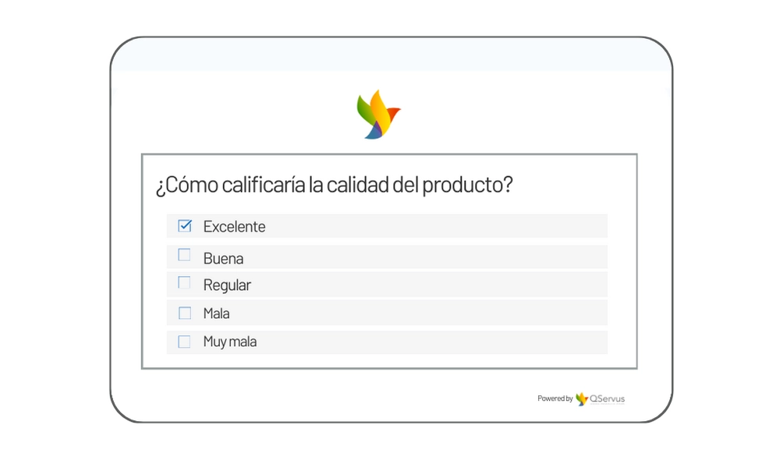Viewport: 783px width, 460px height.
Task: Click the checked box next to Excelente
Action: tap(185, 226)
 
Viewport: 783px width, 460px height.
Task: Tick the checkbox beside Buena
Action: tap(184, 255)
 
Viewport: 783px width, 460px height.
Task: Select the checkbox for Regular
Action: tap(184, 283)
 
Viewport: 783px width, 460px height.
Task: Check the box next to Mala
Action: tap(185, 313)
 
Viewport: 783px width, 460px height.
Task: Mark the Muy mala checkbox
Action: tap(184, 341)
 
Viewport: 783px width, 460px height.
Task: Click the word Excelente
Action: tap(234, 227)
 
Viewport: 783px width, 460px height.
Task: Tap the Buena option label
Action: tap(223, 259)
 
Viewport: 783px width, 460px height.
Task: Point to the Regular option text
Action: tap(227, 285)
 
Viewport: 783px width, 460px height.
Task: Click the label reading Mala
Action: tap(216, 313)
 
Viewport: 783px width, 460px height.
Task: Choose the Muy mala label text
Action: tap(230, 342)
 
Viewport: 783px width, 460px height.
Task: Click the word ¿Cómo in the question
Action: tap(186, 185)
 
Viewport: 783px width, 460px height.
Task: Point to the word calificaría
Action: tap(264, 185)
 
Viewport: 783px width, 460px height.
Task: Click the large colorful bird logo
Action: tap(378, 115)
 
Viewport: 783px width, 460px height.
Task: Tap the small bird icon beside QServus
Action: tap(581, 398)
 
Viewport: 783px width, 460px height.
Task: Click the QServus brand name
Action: tap(608, 398)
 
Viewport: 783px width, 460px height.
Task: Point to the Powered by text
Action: tap(554, 398)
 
